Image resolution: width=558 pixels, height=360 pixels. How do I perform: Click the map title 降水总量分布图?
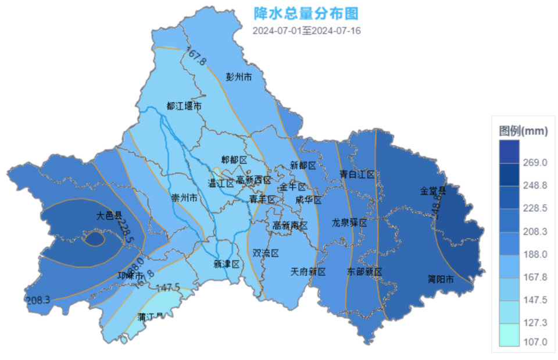coord(306,13)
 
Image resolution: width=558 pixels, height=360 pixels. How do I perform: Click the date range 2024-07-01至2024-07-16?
coord(306,31)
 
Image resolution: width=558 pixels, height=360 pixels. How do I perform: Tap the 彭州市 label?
coord(238,77)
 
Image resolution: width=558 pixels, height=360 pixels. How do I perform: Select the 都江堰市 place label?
coord(184,106)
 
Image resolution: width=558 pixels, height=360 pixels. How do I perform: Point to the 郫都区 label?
coord(234,159)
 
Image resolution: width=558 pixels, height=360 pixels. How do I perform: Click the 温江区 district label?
coord(221,183)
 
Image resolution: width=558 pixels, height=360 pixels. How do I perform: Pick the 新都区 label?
coord(302,165)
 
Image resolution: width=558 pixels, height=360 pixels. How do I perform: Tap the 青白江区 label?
coord(357,174)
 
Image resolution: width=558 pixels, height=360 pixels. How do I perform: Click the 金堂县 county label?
coord(432,190)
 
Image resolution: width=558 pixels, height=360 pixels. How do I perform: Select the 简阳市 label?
coord(441,279)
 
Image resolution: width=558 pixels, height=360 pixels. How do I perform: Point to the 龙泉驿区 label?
coord(349,223)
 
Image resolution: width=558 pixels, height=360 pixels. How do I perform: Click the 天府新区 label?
coord(308,272)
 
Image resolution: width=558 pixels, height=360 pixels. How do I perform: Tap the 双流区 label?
coord(266,253)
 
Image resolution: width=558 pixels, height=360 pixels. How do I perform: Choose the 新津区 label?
coord(227,264)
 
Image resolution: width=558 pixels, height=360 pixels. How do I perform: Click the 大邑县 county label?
coord(109,216)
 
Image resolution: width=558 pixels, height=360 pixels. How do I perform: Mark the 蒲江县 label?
coord(151,317)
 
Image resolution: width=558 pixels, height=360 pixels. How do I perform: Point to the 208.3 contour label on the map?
coord(38,300)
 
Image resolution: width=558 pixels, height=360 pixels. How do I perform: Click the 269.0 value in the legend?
coord(535,162)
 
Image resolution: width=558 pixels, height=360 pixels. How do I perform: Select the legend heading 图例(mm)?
coord(523,131)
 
